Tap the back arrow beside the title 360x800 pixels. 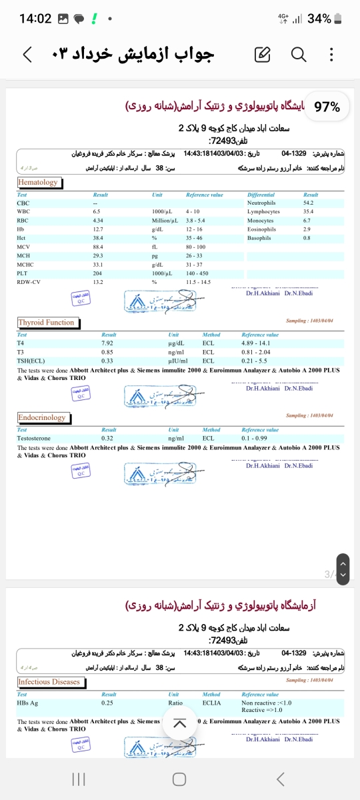(x=27, y=55)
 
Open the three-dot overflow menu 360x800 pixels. (x=332, y=55)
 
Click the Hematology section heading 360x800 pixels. (x=38, y=182)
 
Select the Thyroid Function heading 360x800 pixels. (x=46, y=323)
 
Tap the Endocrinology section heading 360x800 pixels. (x=42, y=418)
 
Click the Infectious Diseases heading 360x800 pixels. (x=49, y=663)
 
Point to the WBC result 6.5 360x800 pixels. (x=97, y=211)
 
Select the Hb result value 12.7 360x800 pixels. (x=98, y=229)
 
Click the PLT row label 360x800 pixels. (x=23, y=273)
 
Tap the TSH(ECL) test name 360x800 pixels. (x=31, y=361)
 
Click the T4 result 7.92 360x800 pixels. (x=107, y=343)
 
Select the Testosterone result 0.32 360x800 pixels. (x=107, y=439)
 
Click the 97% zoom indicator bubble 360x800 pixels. (x=327, y=107)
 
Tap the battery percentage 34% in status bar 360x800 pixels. (x=319, y=19)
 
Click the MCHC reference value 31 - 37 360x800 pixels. (x=194, y=265)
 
